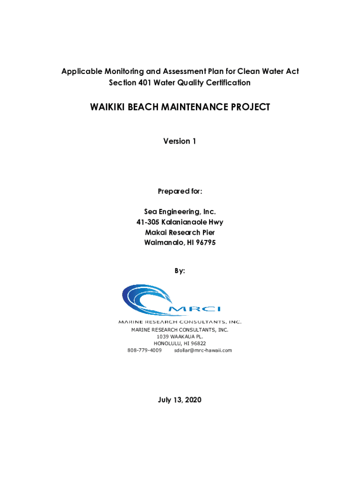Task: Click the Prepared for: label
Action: coord(180,191)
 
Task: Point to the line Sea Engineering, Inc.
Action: coord(180,212)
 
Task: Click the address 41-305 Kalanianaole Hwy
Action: coord(180,222)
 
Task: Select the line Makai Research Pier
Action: coord(180,232)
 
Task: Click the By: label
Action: coord(180,271)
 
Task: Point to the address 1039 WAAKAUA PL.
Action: coord(180,337)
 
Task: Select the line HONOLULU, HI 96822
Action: coord(180,343)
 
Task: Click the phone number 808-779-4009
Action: coord(144,350)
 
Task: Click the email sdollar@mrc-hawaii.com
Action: coord(203,350)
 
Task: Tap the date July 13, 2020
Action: coord(180,400)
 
